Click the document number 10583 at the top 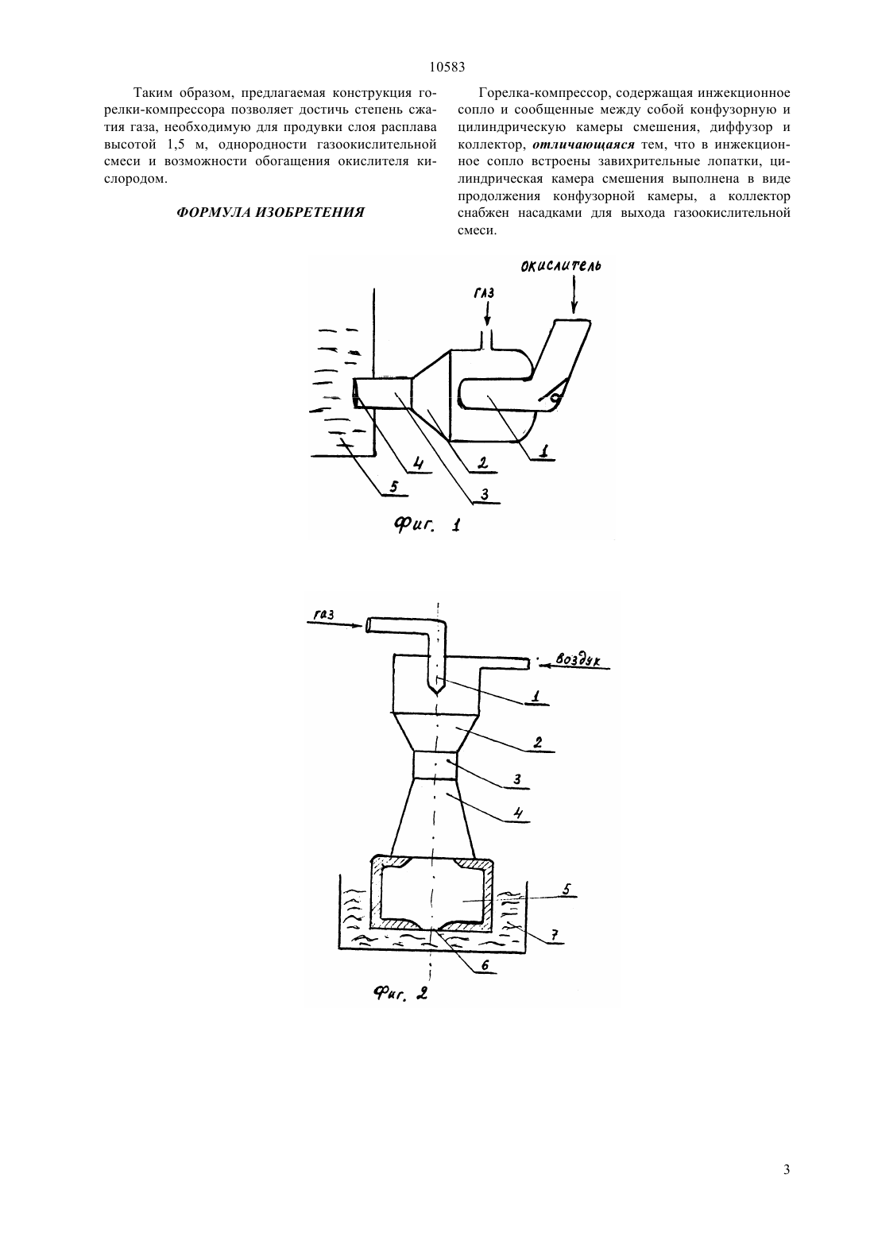[447, 68]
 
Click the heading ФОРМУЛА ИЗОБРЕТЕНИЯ [270, 213]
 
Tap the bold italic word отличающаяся [584, 145]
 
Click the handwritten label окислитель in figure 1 [561, 266]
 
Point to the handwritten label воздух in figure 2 [578, 659]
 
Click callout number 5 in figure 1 [393, 487]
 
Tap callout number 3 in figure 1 [485, 494]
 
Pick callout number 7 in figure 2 [554, 934]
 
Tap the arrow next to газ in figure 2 [336, 624]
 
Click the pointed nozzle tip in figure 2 [437, 692]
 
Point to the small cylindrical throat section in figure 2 [435, 765]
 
